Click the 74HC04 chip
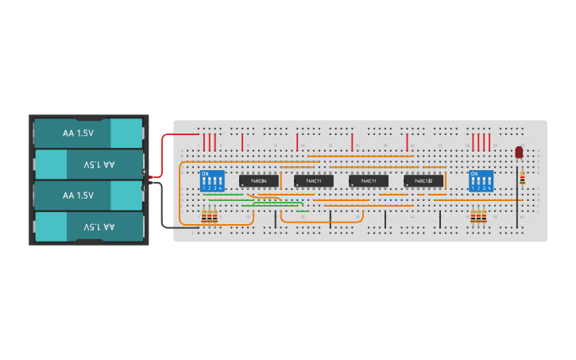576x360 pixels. pyautogui.click(x=259, y=181)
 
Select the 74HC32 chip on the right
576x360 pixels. pyautogui.click(x=423, y=181)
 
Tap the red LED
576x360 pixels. pyautogui.click(x=519, y=152)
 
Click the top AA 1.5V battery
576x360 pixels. pyautogui.click(x=87, y=134)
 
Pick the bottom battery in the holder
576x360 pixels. pyautogui.click(x=87, y=226)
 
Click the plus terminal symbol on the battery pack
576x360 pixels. pyautogui.click(x=144, y=172)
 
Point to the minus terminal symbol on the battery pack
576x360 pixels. pyautogui.click(x=144, y=188)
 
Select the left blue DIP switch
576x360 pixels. pyautogui.click(x=211, y=180)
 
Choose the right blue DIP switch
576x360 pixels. pyautogui.click(x=481, y=180)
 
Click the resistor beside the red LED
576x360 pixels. pyautogui.click(x=522, y=179)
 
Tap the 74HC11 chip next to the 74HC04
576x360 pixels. pyautogui.click(x=314, y=181)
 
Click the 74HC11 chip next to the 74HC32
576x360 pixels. pyautogui.click(x=369, y=181)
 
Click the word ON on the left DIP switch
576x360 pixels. pyautogui.click(x=206, y=173)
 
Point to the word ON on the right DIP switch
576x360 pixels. pyautogui.click(x=475, y=173)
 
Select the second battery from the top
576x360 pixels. pyautogui.click(x=87, y=165)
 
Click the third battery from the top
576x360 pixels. pyautogui.click(x=87, y=195)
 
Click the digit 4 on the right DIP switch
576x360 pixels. pyautogui.click(x=489, y=188)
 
